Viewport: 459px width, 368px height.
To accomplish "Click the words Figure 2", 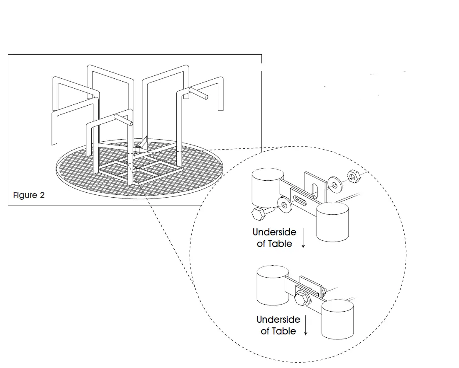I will (29, 195).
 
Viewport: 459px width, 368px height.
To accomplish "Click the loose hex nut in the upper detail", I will (353, 176).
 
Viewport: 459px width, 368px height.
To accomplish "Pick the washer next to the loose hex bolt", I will (284, 205).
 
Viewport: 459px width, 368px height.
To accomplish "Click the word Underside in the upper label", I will (274, 232).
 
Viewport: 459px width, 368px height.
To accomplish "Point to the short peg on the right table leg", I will (198, 93).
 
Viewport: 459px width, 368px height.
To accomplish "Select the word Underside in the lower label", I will (278, 320).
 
